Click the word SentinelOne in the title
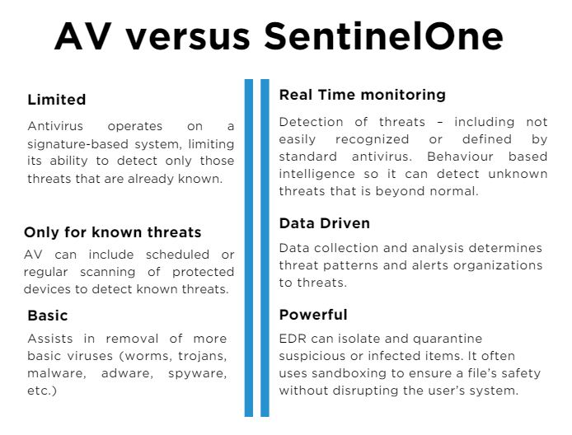(384, 37)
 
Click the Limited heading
(56, 100)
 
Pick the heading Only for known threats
(112, 232)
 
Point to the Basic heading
(48, 316)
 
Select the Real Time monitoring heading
(362, 95)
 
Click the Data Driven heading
(324, 223)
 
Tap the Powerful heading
(313, 315)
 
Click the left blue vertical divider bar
(249, 247)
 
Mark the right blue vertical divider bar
(265, 247)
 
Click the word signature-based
(73, 143)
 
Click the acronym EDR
(292, 339)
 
